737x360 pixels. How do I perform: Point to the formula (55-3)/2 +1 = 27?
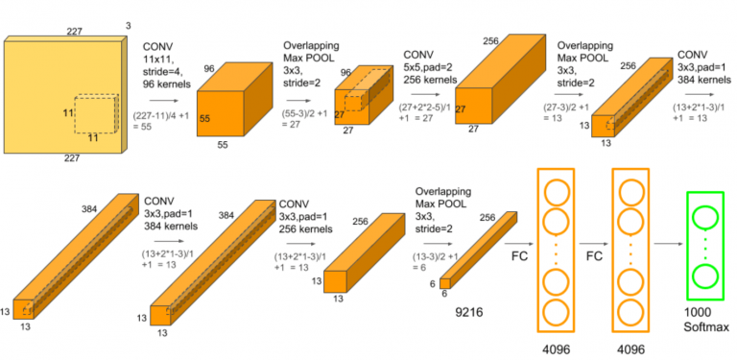pos(306,118)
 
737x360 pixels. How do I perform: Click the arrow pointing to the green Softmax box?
pos(669,245)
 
